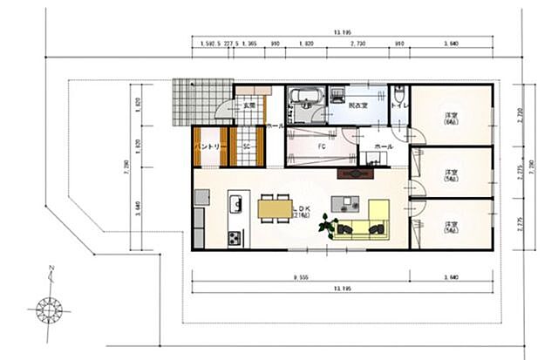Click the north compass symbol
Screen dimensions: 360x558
pos(49,306)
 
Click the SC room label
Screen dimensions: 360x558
pos(247,146)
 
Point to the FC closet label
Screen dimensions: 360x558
pos(321,146)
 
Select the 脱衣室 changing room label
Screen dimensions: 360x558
pos(357,105)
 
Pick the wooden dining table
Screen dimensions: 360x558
pos(276,208)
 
